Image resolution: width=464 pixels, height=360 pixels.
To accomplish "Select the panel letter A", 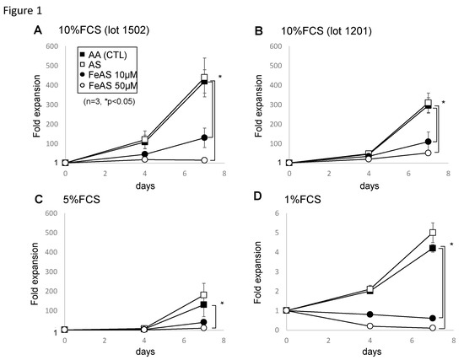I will tap(37, 31).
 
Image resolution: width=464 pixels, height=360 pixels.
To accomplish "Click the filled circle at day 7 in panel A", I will tap(204, 137).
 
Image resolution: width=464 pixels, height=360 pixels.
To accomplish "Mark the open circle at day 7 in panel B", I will tap(429, 153).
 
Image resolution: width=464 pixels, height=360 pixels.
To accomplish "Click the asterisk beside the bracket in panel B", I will tap(444, 103).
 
